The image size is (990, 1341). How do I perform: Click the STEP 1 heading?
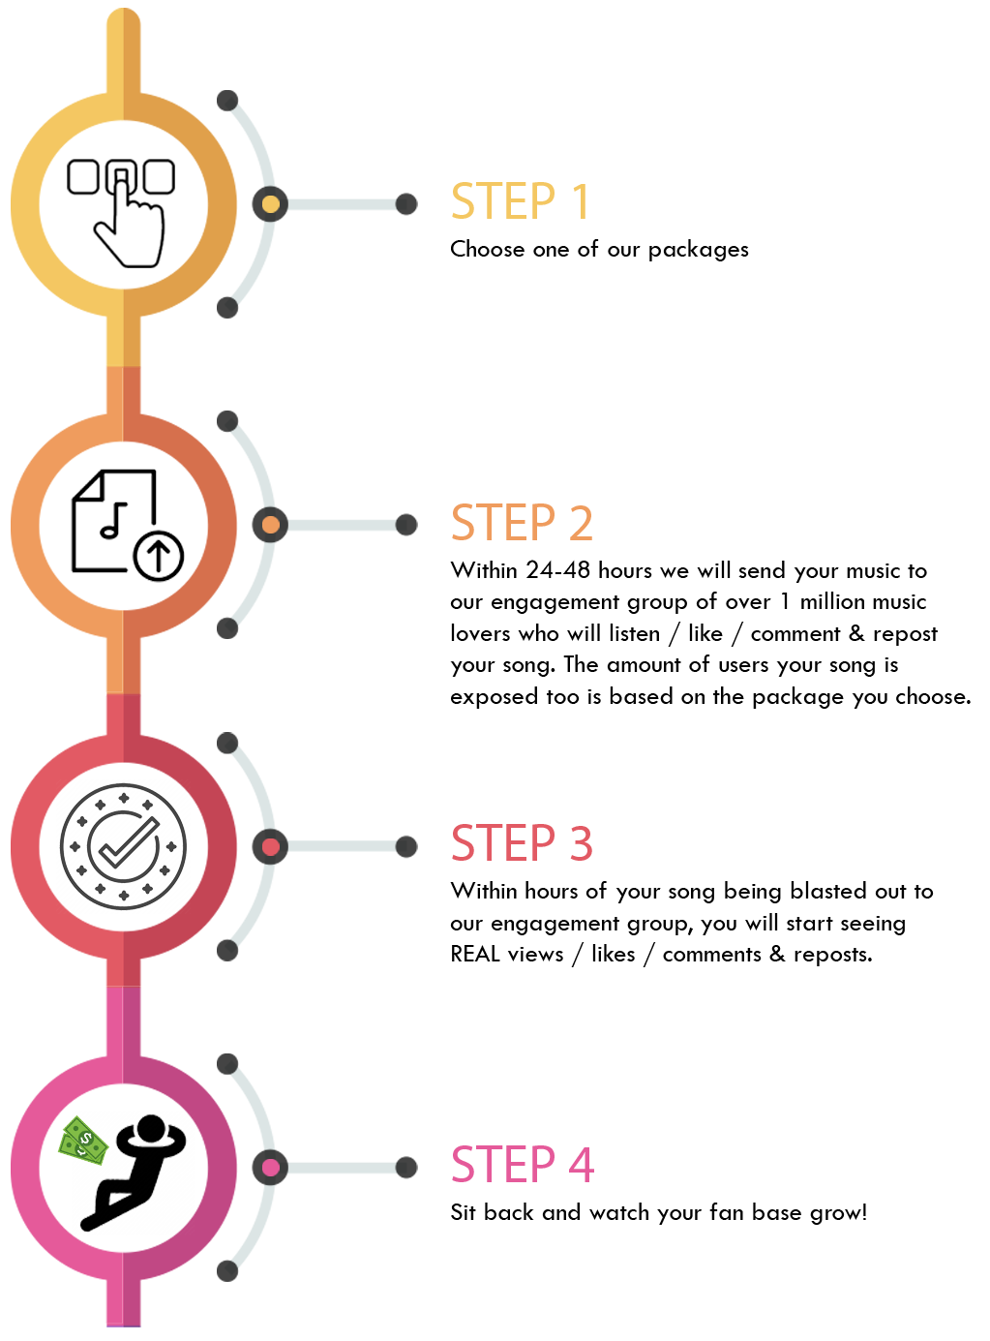(520, 201)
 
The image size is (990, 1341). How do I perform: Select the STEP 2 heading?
(522, 523)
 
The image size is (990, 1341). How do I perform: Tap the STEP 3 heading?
(522, 843)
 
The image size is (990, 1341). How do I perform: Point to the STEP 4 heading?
(523, 1165)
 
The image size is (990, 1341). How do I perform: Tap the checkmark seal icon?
(124, 846)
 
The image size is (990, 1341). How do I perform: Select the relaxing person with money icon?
(127, 1173)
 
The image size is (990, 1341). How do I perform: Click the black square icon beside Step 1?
(121, 213)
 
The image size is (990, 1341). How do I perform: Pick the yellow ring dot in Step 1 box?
(270, 204)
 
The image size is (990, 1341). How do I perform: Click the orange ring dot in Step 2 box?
(270, 525)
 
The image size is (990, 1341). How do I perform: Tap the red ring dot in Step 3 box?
(270, 847)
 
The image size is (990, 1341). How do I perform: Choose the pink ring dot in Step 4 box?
(270, 1167)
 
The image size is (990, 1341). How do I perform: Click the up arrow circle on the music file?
(159, 557)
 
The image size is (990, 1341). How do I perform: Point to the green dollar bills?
(85, 1141)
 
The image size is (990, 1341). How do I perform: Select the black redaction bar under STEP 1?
(600, 251)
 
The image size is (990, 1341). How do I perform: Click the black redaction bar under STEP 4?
(658, 1214)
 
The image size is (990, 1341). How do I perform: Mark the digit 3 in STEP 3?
(581, 843)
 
